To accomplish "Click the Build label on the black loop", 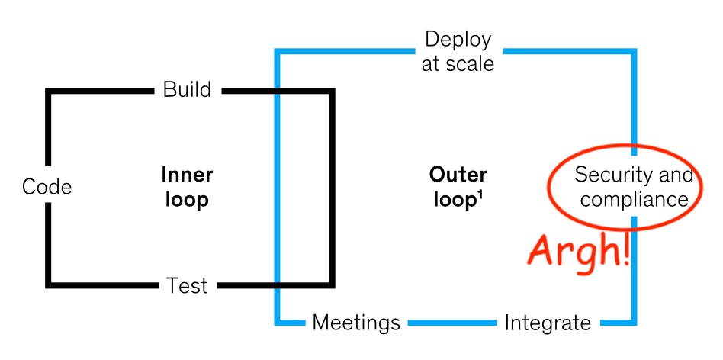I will click(x=187, y=90).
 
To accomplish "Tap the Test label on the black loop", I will click(x=187, y=286).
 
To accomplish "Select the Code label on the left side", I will click(x=47, y=187).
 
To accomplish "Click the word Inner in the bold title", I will click(x=187, y=175).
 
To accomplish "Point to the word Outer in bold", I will click(x=458, y=175).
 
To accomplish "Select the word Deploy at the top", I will click(x=458, y=40).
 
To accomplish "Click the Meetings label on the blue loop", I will click(x=356, y=323).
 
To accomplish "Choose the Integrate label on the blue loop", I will click(x=548, y=323).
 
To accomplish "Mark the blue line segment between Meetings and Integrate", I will click(x=451, y=323).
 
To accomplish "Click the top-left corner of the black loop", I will click(x=48, y=92).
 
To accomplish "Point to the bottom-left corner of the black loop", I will click(x=48, y=285).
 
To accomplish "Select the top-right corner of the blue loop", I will click(x=634, y=53).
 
